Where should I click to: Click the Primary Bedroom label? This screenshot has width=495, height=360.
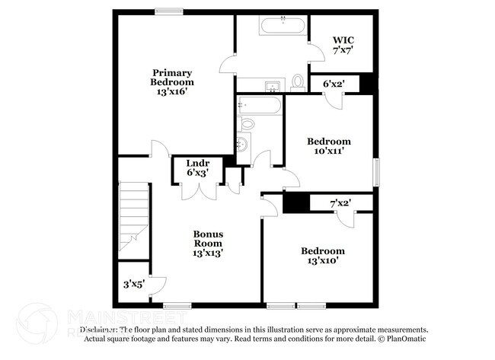tap(171, 81)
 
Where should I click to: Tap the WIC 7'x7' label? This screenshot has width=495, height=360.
tap(343, 45)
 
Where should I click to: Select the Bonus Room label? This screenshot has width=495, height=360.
tap(207, 242)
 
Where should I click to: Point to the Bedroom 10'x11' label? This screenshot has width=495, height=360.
tap(328, 146)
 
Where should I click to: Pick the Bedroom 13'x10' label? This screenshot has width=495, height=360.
tap(322, 256)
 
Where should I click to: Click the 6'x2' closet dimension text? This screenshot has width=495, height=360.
tap(335, 84)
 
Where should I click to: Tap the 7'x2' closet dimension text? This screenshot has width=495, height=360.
tap(340, 202)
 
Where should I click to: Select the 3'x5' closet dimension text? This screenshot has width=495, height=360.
tap(134, 285)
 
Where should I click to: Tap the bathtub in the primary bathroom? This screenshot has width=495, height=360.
tap(283, 26)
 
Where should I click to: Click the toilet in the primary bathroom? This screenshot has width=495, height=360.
tap(298, 82)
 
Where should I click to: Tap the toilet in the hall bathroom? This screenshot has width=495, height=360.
tap(246, 123)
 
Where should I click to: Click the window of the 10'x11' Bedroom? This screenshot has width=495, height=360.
tap(375, 171)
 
